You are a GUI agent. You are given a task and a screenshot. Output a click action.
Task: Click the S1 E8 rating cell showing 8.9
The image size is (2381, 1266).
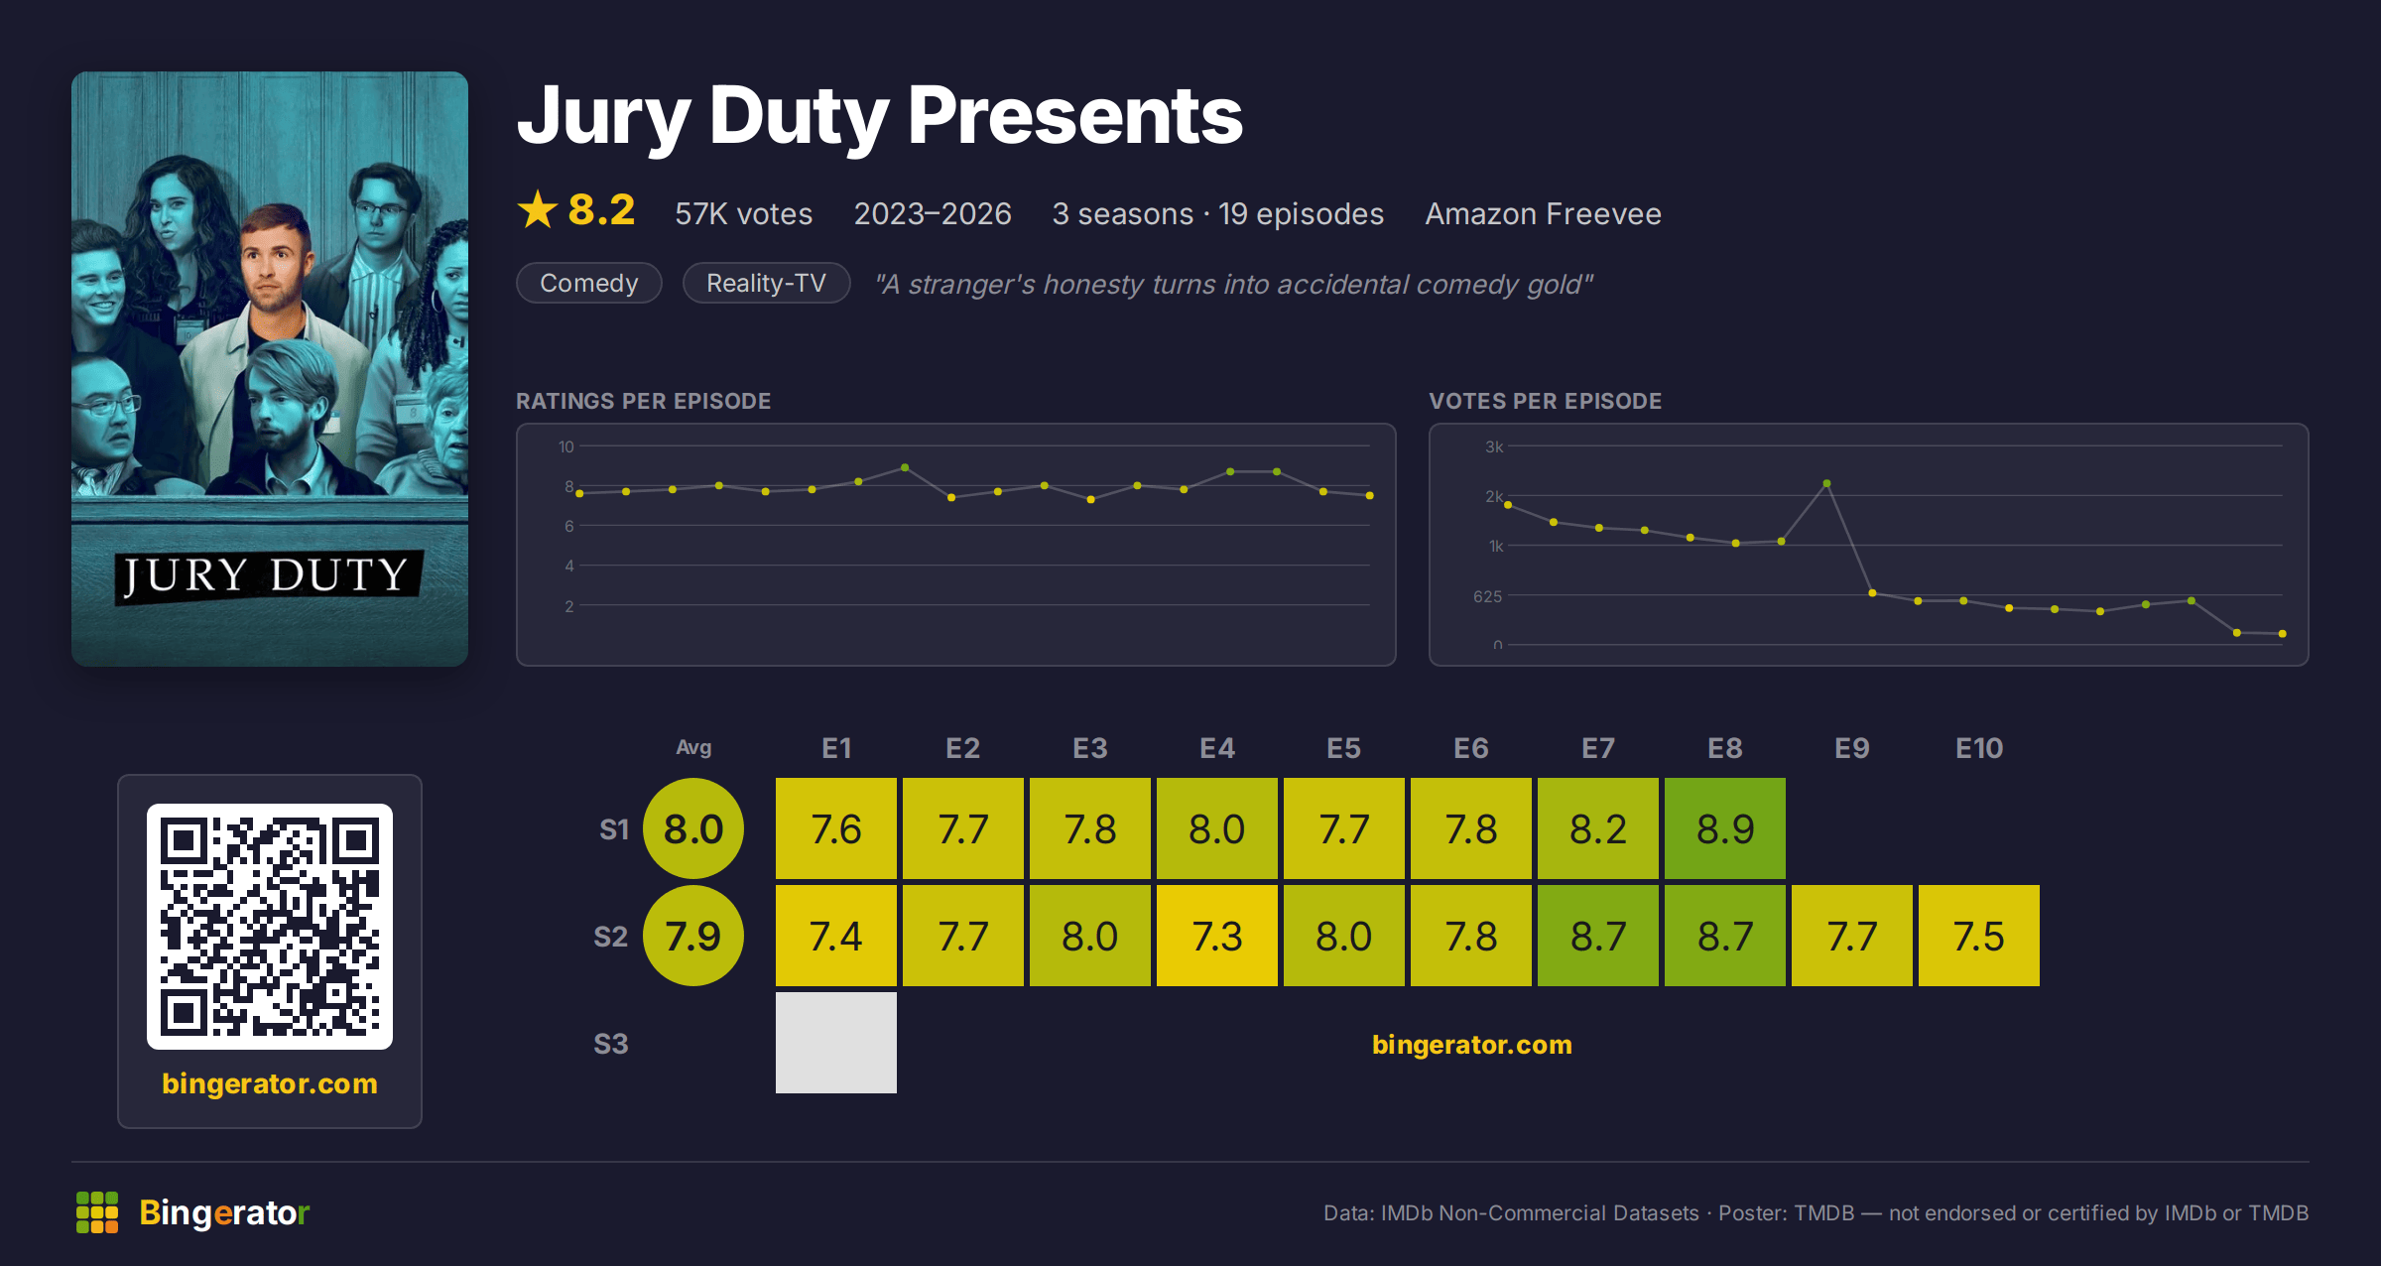pos(1725,828)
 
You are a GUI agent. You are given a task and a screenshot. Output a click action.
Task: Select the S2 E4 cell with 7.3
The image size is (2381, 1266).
pos(1217,936)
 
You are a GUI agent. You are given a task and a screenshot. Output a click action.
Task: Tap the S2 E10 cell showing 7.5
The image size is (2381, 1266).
pos(1979,936)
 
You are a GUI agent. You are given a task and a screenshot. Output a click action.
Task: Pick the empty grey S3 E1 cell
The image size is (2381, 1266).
pos(836,1043)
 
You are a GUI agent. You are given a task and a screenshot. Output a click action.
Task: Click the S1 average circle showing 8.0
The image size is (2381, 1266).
pos(693,828)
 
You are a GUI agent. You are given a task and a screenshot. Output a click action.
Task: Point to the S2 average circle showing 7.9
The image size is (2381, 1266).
pos(693,936)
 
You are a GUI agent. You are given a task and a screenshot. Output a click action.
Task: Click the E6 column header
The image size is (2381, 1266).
pos(1471,748)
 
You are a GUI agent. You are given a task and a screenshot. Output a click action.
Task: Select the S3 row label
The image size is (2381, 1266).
pos(611,1044)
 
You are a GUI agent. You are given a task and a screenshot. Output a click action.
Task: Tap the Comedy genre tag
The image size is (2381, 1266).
pos(589,283)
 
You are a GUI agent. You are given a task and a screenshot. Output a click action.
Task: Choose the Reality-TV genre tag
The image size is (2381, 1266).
pos(766,283)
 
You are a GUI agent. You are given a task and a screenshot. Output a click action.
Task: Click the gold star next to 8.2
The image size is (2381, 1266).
pos(538,209)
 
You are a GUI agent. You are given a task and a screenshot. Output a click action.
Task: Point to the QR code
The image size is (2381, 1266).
pos(270,927)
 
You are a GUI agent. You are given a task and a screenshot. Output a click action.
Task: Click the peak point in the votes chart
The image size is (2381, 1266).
pos(1826,484)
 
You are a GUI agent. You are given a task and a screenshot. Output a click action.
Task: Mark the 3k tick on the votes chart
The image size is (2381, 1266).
pos(1494,446)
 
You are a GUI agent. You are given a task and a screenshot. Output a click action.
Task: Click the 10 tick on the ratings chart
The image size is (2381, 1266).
pos(566,446)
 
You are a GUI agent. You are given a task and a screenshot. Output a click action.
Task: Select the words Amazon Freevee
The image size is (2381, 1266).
pos(1544,214)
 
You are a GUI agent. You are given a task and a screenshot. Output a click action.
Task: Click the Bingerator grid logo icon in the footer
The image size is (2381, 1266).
pos(97,1212)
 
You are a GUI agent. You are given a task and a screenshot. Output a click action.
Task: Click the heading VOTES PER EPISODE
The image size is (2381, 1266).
pos(1546,401)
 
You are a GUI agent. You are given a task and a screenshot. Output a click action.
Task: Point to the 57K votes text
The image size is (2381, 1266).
pos(744,214)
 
